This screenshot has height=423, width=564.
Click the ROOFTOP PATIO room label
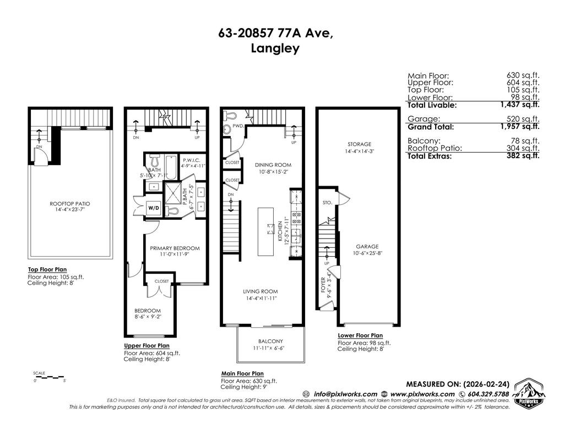coord(69,203)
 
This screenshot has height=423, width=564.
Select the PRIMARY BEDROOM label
coord(175,248)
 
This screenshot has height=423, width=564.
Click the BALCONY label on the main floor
coord(270,341)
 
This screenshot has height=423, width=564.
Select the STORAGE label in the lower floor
coord(359,144)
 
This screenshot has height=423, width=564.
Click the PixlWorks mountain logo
coord(529,393)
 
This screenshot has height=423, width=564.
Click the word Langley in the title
coord(275,48)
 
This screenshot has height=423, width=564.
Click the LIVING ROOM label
coord(261,291)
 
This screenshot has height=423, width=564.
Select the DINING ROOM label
coord(273,165)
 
